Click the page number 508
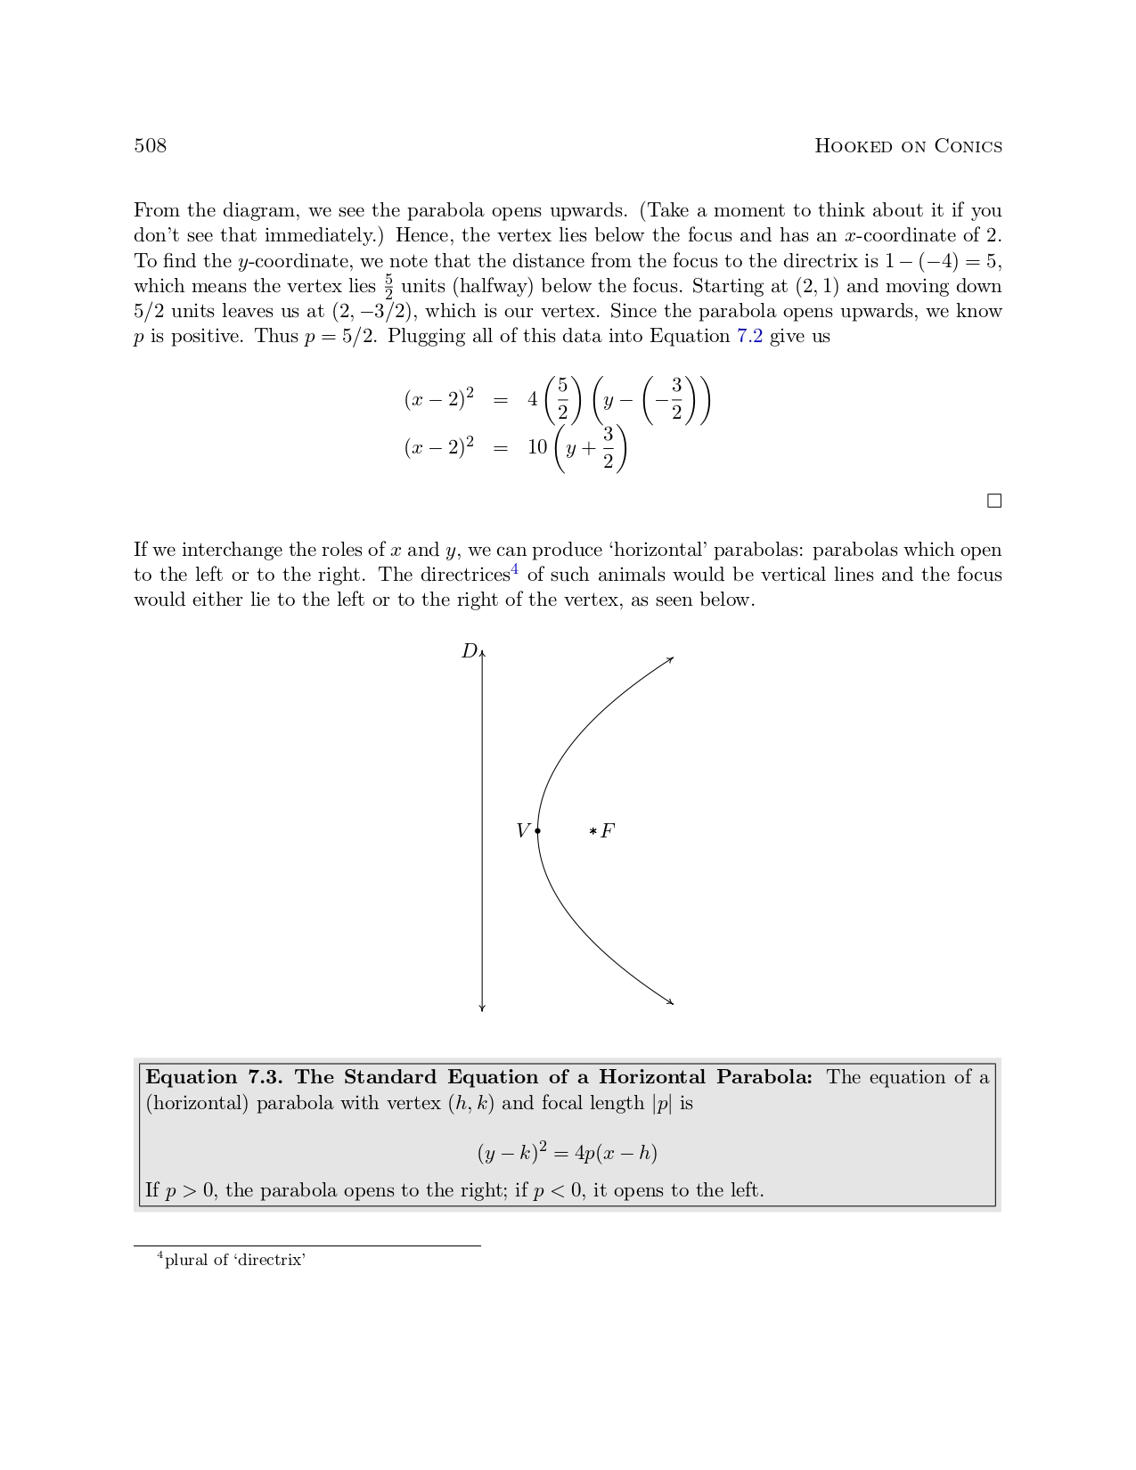150,146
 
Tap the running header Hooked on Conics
908,146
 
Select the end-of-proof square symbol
994,501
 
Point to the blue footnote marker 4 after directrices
515,570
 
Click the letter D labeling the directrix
469,651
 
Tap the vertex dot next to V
537,831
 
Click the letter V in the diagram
523,831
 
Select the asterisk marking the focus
593,832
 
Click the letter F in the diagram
608,831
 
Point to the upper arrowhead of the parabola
671,659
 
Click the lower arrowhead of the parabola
671,1002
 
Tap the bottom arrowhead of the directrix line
482,1009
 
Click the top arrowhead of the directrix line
482,654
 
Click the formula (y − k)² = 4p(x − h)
567,1153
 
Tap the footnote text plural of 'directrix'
234,1260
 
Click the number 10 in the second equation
537,447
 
